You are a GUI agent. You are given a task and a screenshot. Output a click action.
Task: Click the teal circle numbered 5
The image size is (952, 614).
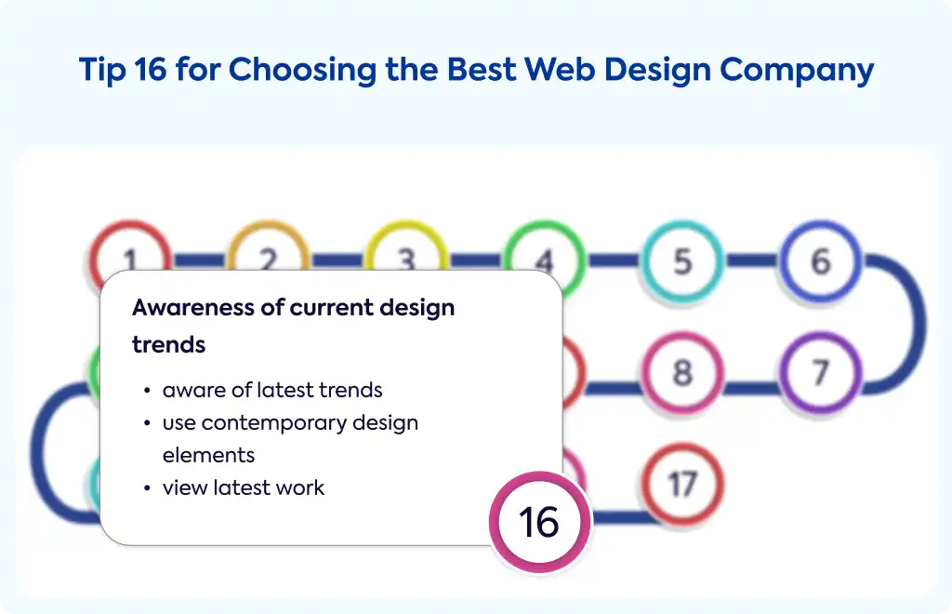[682, 261]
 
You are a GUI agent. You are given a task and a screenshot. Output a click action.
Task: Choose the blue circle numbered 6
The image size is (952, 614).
[821, 261]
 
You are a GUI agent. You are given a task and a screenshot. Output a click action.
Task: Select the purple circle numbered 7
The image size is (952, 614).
[821, 373]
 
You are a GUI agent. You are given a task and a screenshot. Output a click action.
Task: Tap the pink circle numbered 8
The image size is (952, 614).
[682, 373]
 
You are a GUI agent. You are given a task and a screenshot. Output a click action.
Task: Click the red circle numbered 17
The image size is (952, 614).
[682, 484]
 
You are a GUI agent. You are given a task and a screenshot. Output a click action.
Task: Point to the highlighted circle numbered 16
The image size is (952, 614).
[540, 522]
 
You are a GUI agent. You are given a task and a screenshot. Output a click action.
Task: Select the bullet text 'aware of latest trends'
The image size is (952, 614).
[272, 390]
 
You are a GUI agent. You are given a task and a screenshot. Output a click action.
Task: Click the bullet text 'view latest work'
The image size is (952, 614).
[244, 487]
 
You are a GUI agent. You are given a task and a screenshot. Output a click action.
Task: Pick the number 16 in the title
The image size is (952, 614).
[150, 69]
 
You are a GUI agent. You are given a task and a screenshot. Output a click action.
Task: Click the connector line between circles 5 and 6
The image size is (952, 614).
[751, 261]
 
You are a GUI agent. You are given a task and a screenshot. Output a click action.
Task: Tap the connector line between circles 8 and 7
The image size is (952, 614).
[751, 387]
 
